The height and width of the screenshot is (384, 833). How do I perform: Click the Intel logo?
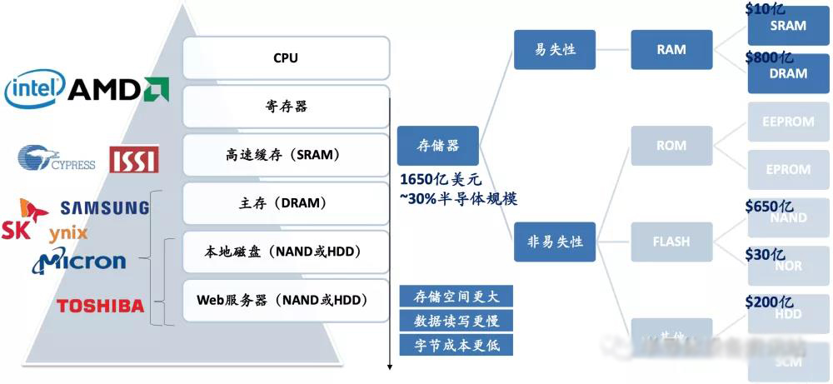(x=34, y=89)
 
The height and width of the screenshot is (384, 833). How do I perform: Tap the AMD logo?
(x=117, y=89)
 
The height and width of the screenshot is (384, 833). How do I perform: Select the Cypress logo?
(x=57, y=158)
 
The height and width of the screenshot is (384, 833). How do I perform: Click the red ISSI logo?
(x=133, y=159)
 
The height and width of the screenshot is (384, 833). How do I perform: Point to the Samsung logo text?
(x=104, y=207)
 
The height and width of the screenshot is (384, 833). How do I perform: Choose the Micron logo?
(x=80, y=262)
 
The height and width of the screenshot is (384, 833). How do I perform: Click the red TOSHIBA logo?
(x=100, y=306)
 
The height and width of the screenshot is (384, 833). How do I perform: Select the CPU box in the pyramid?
(x=286, y=58)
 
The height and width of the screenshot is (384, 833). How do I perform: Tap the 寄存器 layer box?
(x=286, y=107)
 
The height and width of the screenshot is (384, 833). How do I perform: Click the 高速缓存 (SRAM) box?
(x=286, y=155)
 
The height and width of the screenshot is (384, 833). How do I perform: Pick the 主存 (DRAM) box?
(x=286, y=203)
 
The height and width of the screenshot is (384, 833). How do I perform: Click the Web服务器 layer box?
(x=286, y=300)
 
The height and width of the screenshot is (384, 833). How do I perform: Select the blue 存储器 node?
(x=438, y=147)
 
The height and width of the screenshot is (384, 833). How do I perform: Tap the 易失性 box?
(x=555, y=49)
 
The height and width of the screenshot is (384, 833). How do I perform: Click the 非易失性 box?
(x=555, y=242)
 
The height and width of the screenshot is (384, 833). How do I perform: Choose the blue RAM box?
(x=671, y=49)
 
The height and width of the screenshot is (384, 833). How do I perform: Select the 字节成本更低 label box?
(x=456, y=345)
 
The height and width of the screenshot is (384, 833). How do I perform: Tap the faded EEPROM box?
(x=787, y=122)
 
